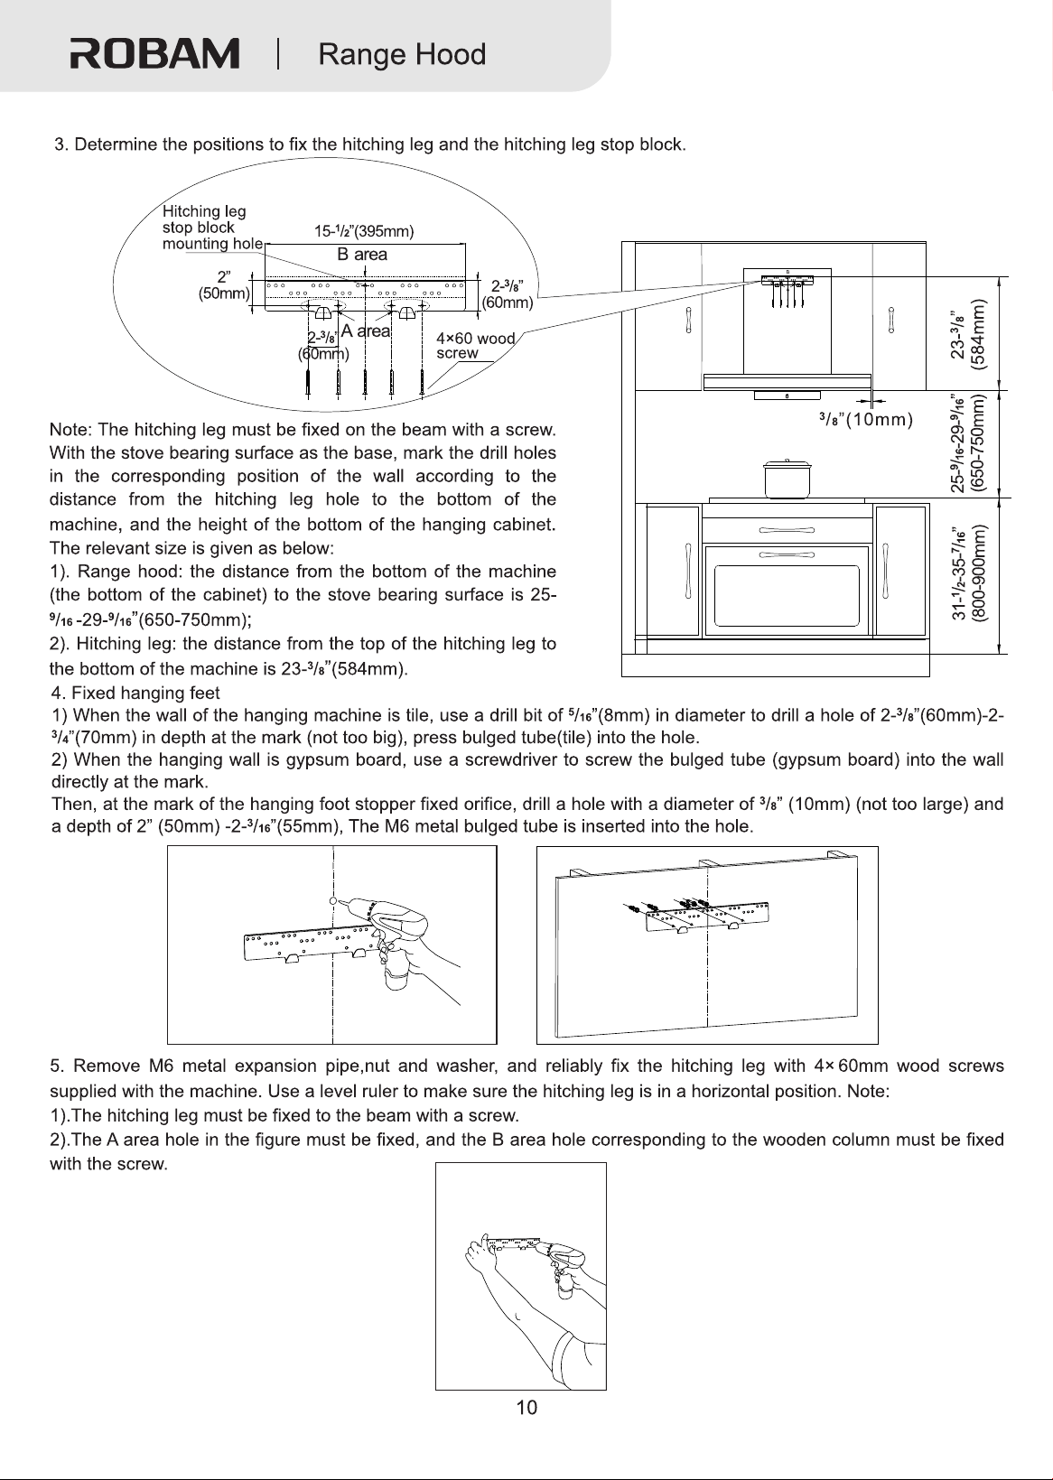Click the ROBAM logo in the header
point(154,53)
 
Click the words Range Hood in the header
point(402,54)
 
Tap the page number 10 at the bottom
point(526,1408)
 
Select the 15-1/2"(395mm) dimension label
point(363,231)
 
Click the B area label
point(362,255)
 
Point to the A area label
point(366,330)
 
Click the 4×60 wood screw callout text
point(476,346)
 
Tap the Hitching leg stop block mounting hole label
point(213,228)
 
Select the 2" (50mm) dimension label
point(225,285)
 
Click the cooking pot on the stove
point(787,479)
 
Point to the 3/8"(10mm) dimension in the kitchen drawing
point(865,419)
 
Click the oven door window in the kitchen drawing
point(787,596)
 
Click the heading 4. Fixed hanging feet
point(135,693)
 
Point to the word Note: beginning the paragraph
point(70,430)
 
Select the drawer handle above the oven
point(787,530)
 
